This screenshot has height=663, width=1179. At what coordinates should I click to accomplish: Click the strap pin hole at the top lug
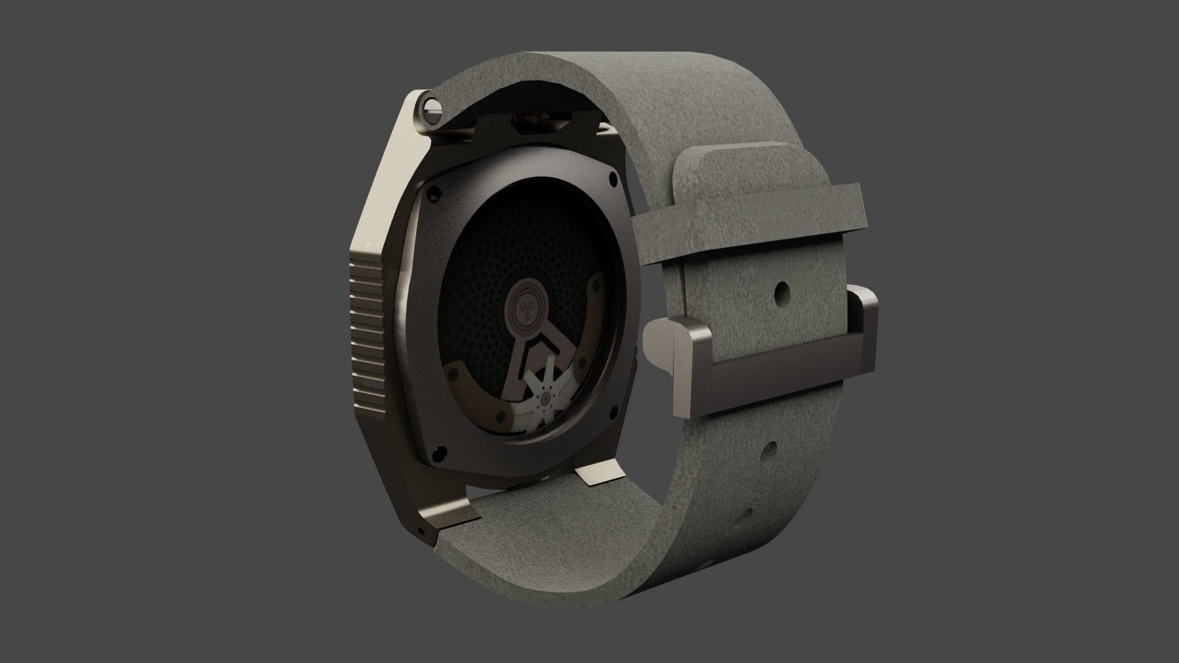[432, 107]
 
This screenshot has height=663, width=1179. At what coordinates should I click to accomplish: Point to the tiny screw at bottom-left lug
[421, 529]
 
